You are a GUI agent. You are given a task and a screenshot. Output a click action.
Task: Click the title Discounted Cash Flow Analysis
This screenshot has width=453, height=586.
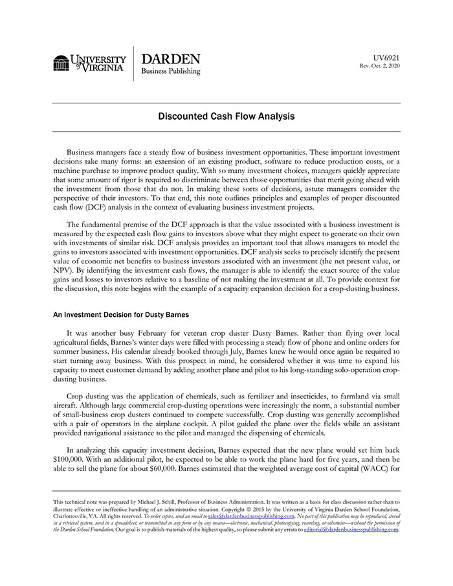226,117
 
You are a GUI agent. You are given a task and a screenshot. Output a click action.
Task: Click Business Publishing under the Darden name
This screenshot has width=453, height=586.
171,72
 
